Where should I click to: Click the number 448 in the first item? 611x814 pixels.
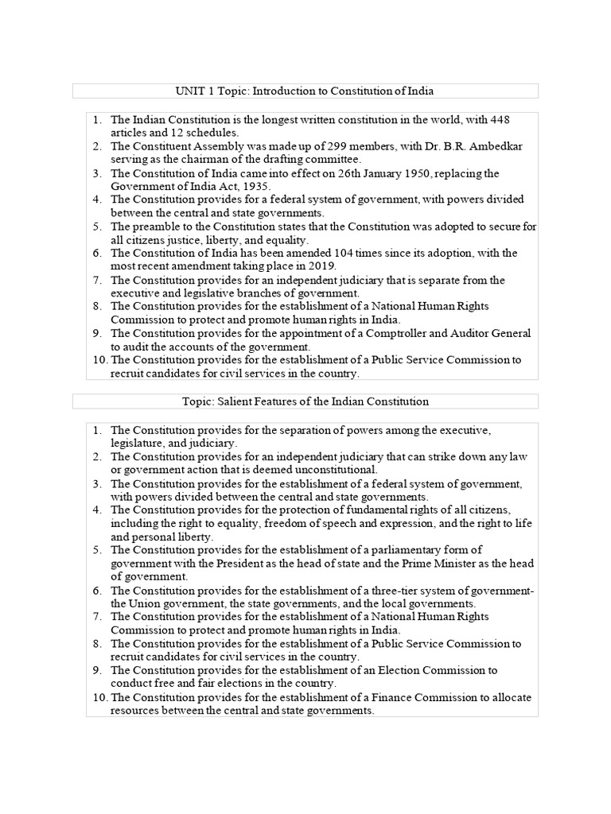[x=499, y=119]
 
